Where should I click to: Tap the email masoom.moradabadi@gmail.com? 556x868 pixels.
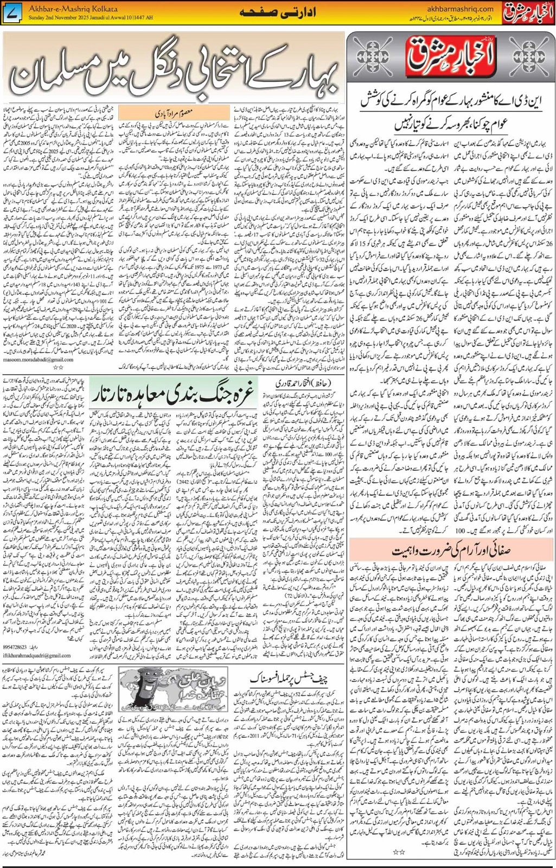tap(38, 359)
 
